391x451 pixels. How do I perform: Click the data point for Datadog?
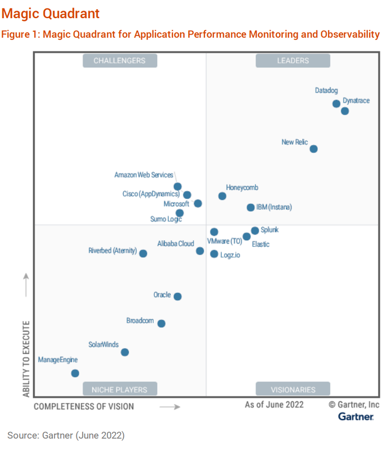point(336,103)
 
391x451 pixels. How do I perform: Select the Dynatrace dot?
point(345,111)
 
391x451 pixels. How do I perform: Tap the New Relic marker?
point(313,149)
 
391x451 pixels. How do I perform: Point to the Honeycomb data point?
point(222,196)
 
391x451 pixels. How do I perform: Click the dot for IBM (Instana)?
point(250,207)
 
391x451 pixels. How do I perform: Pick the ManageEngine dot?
point(75,373)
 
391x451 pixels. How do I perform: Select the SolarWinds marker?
point(125,352)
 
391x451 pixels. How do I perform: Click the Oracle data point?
point(178,297)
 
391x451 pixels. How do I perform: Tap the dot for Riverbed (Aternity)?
point(143,253)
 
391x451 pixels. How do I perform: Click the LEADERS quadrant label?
point(293,61)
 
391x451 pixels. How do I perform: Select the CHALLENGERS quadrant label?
point(120,61)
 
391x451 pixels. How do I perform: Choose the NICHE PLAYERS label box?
point(120,389)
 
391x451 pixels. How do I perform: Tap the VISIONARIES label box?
point(293,389)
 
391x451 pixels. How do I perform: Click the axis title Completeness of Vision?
point(84,406)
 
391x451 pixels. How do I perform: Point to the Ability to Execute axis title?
point(27,359)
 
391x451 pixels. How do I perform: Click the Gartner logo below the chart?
point(356,417)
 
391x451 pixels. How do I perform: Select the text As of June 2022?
point(274,405)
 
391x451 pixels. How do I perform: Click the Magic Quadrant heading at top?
point(51,13)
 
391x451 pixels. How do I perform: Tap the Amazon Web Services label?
point(144,175)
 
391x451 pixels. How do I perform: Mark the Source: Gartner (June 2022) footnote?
point(66,435)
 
